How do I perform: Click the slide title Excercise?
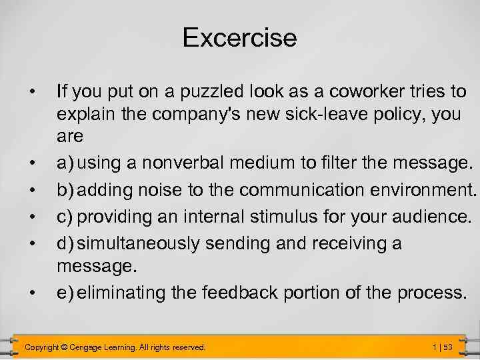(x=239, y=37)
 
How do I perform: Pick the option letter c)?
(x=65, y=217)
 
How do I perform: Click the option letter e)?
(x=65, y=293)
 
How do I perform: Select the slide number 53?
(x=447, y=347)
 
